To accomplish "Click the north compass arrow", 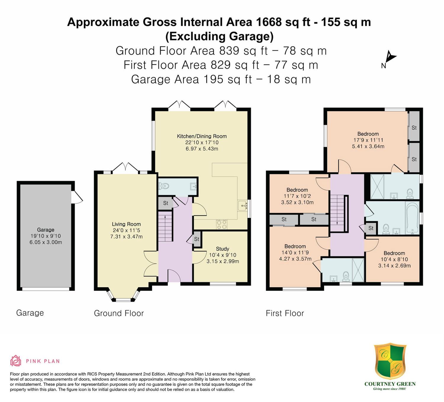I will click(391, 57).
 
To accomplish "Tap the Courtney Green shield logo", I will click(390, 361).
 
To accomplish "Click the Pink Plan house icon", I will click(16, 361).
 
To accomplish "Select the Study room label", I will click(222, 249).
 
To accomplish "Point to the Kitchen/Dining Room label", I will click(202, 136).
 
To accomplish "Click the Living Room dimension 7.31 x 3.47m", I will click(126, 237).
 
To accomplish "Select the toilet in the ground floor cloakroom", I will click(164, 186).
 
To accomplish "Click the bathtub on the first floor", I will click(413, 218).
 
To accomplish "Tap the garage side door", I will click(78, 197).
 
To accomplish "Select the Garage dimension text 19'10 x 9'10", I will click(46, 236).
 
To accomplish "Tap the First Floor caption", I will click(285, 313).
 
